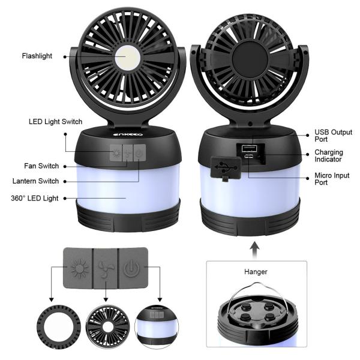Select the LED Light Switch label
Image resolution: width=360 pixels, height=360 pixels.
(x=55, y=122)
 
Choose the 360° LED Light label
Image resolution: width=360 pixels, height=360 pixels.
(x=35, y=199)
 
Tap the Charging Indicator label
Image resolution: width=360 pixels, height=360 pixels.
(x=329, y=157)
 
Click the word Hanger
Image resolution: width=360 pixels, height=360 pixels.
(x=254, y=271)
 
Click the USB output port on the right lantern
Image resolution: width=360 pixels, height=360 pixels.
(x=248, y=148)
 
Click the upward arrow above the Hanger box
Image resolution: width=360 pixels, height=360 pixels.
(x=254, y=247)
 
